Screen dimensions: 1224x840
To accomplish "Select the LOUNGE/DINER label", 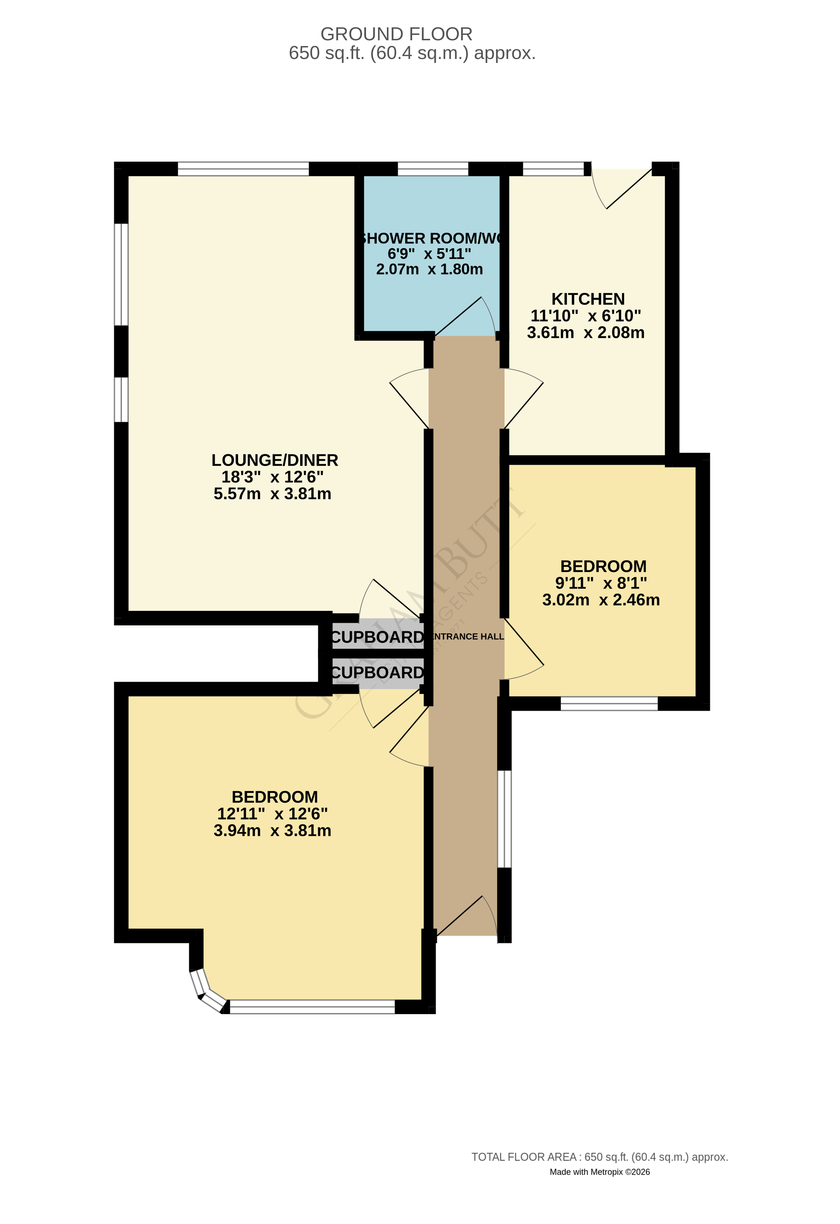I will pos(274,460).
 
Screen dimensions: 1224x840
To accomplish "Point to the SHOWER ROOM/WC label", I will pos(430,239).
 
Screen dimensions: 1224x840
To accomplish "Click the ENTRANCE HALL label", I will pos(467,637).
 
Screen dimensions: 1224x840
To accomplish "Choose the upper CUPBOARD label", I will pos(377,637).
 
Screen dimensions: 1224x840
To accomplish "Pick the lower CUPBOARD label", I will pos(377,672).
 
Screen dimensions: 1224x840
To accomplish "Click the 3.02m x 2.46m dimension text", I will pos(601,600).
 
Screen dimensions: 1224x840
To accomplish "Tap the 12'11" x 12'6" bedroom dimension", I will pos(272,814).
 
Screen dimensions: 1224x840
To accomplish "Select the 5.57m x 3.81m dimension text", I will pos(272,494).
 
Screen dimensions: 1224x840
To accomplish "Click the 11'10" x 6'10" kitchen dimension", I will pos(586,316).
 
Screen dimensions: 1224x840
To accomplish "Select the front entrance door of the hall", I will pos(466,917).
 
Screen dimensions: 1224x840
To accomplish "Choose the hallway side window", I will pos(505,819).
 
